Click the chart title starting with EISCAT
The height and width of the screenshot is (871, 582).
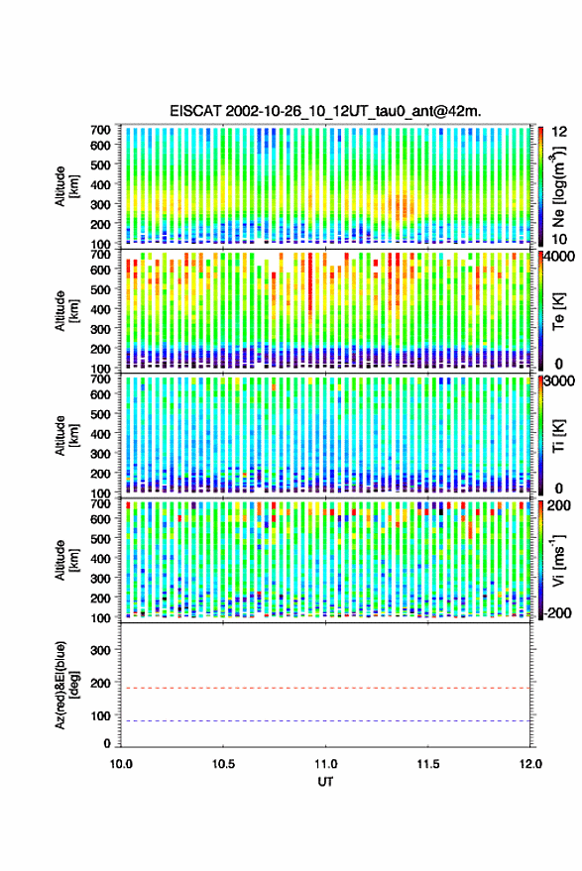pos(326,111)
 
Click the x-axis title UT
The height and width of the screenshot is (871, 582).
pos(325,782)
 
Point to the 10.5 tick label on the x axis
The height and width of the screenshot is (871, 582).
pos(223,764)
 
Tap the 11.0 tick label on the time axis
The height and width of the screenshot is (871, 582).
pos(326,764)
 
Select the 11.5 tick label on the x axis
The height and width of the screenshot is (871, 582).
pos(428,764)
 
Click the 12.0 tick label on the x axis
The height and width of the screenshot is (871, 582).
pos(530,764)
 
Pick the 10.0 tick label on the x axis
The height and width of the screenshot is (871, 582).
pos(121,764)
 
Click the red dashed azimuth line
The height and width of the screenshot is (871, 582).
pos(325,688)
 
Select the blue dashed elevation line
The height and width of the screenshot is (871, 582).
pos(325,720)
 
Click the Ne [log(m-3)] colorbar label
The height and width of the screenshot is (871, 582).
pos(558,185)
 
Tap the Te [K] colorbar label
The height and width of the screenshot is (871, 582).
pos(558,311)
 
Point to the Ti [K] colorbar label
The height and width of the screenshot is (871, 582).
pos(558,436)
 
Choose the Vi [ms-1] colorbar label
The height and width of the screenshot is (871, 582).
pos(558,560)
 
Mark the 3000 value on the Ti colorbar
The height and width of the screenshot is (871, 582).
pos(559,381)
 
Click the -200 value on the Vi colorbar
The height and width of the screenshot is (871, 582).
pos(556,613)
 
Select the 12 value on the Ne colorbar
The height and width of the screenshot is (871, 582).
pos(559,132)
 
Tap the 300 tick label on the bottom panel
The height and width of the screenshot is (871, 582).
pos(100,650)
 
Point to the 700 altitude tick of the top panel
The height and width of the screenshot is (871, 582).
pos(100,130)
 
